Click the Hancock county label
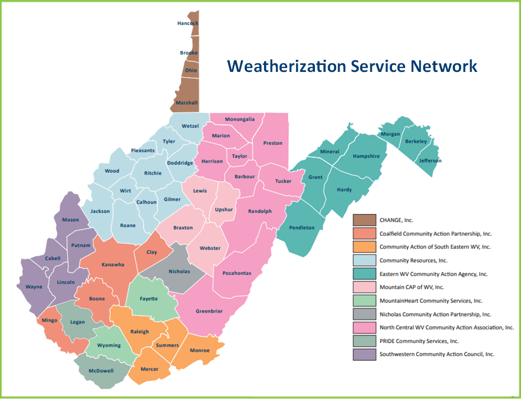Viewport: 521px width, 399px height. [187, 23]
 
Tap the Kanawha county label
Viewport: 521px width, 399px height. [113, 265]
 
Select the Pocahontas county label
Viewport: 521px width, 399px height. [236, 273]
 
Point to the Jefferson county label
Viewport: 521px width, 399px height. [430, 161]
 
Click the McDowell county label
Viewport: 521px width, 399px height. [102, 371]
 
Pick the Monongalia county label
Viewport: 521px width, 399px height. [239, 119]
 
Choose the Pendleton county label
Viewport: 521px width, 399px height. [302, 227]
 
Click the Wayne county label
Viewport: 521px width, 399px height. [34, 287]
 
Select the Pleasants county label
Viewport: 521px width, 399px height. [143, 150]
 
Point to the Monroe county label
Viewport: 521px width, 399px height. [199, 350]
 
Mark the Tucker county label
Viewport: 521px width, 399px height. [283, 181]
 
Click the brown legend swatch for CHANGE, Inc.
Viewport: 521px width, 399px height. [364, 220]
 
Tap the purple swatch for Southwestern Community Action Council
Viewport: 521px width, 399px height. [364, 354]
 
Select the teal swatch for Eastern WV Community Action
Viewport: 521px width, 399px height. [364, 274]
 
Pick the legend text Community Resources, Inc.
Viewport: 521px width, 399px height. [413, 260]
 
